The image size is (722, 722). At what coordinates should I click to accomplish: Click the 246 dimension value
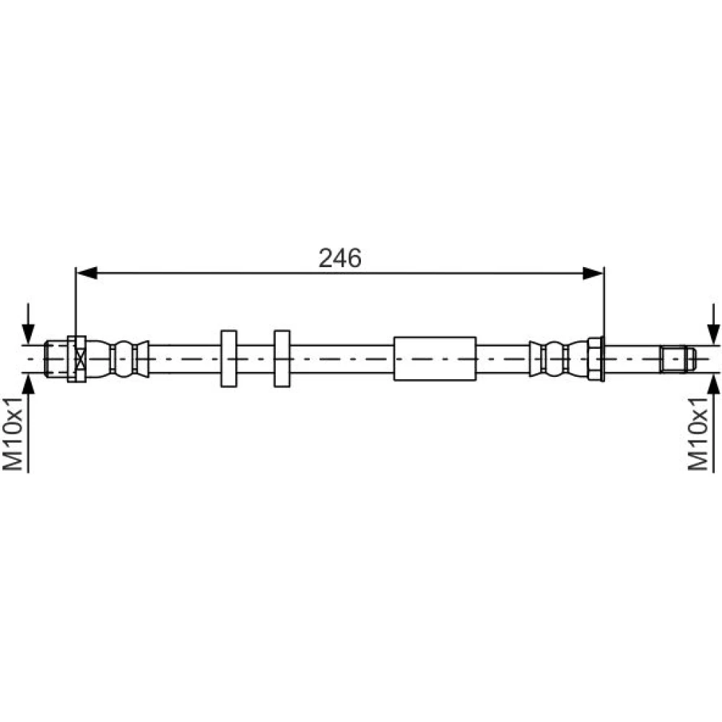340,258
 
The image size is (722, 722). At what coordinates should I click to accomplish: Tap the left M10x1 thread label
13,434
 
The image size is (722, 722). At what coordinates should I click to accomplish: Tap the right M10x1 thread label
698,434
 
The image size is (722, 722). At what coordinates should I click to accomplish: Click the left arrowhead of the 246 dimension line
87,273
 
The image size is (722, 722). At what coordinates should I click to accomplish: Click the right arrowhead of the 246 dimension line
593,273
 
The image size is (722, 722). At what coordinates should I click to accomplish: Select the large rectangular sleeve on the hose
435,359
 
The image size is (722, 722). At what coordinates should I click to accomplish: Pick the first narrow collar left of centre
229,359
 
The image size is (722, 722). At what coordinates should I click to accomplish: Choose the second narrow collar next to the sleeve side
282,359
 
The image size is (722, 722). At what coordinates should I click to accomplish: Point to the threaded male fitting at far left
56,359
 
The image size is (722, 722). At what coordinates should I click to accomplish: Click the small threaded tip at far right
678,359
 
